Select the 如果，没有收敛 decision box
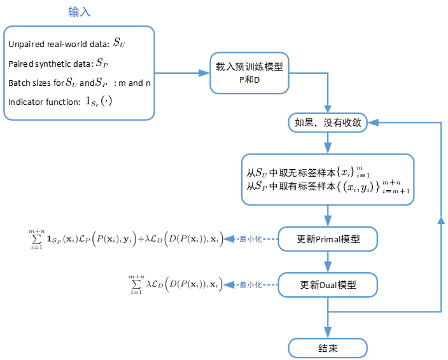tap(328, 123)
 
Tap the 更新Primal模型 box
tap(328, 240)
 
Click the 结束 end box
tap(328, 347)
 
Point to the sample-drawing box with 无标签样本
tap(328, 179)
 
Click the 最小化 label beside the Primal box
tap(248, 240)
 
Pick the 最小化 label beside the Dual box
tap(248, 285)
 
